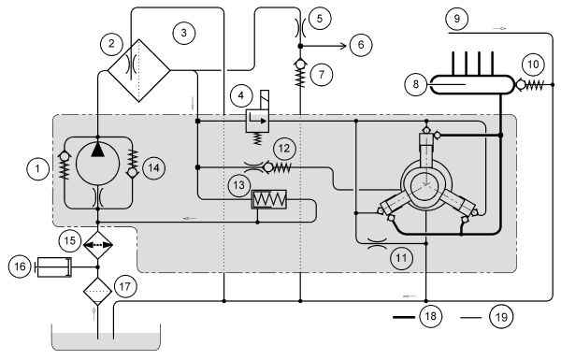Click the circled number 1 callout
pos(38,167)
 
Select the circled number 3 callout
pos(184,33)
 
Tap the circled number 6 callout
pos(361,45)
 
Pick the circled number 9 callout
pos(457,18)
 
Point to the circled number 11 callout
pos(401,258)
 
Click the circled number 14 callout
pos(154,167)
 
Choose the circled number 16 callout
pos(20,266)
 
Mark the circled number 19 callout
pos(501,317)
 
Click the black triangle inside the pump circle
pos(97,150)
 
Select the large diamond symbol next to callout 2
pos(139,70)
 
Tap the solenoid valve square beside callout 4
pos(257,121)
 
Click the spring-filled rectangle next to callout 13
pos(269,199)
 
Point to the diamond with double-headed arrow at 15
pos(97,245)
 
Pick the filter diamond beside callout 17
pos(97,292)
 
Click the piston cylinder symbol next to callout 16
pos(53,266)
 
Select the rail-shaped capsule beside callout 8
pos(471,84)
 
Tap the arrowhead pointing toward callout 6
pos(343,46)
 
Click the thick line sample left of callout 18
pos(404,317)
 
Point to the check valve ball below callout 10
pos(520,85)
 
